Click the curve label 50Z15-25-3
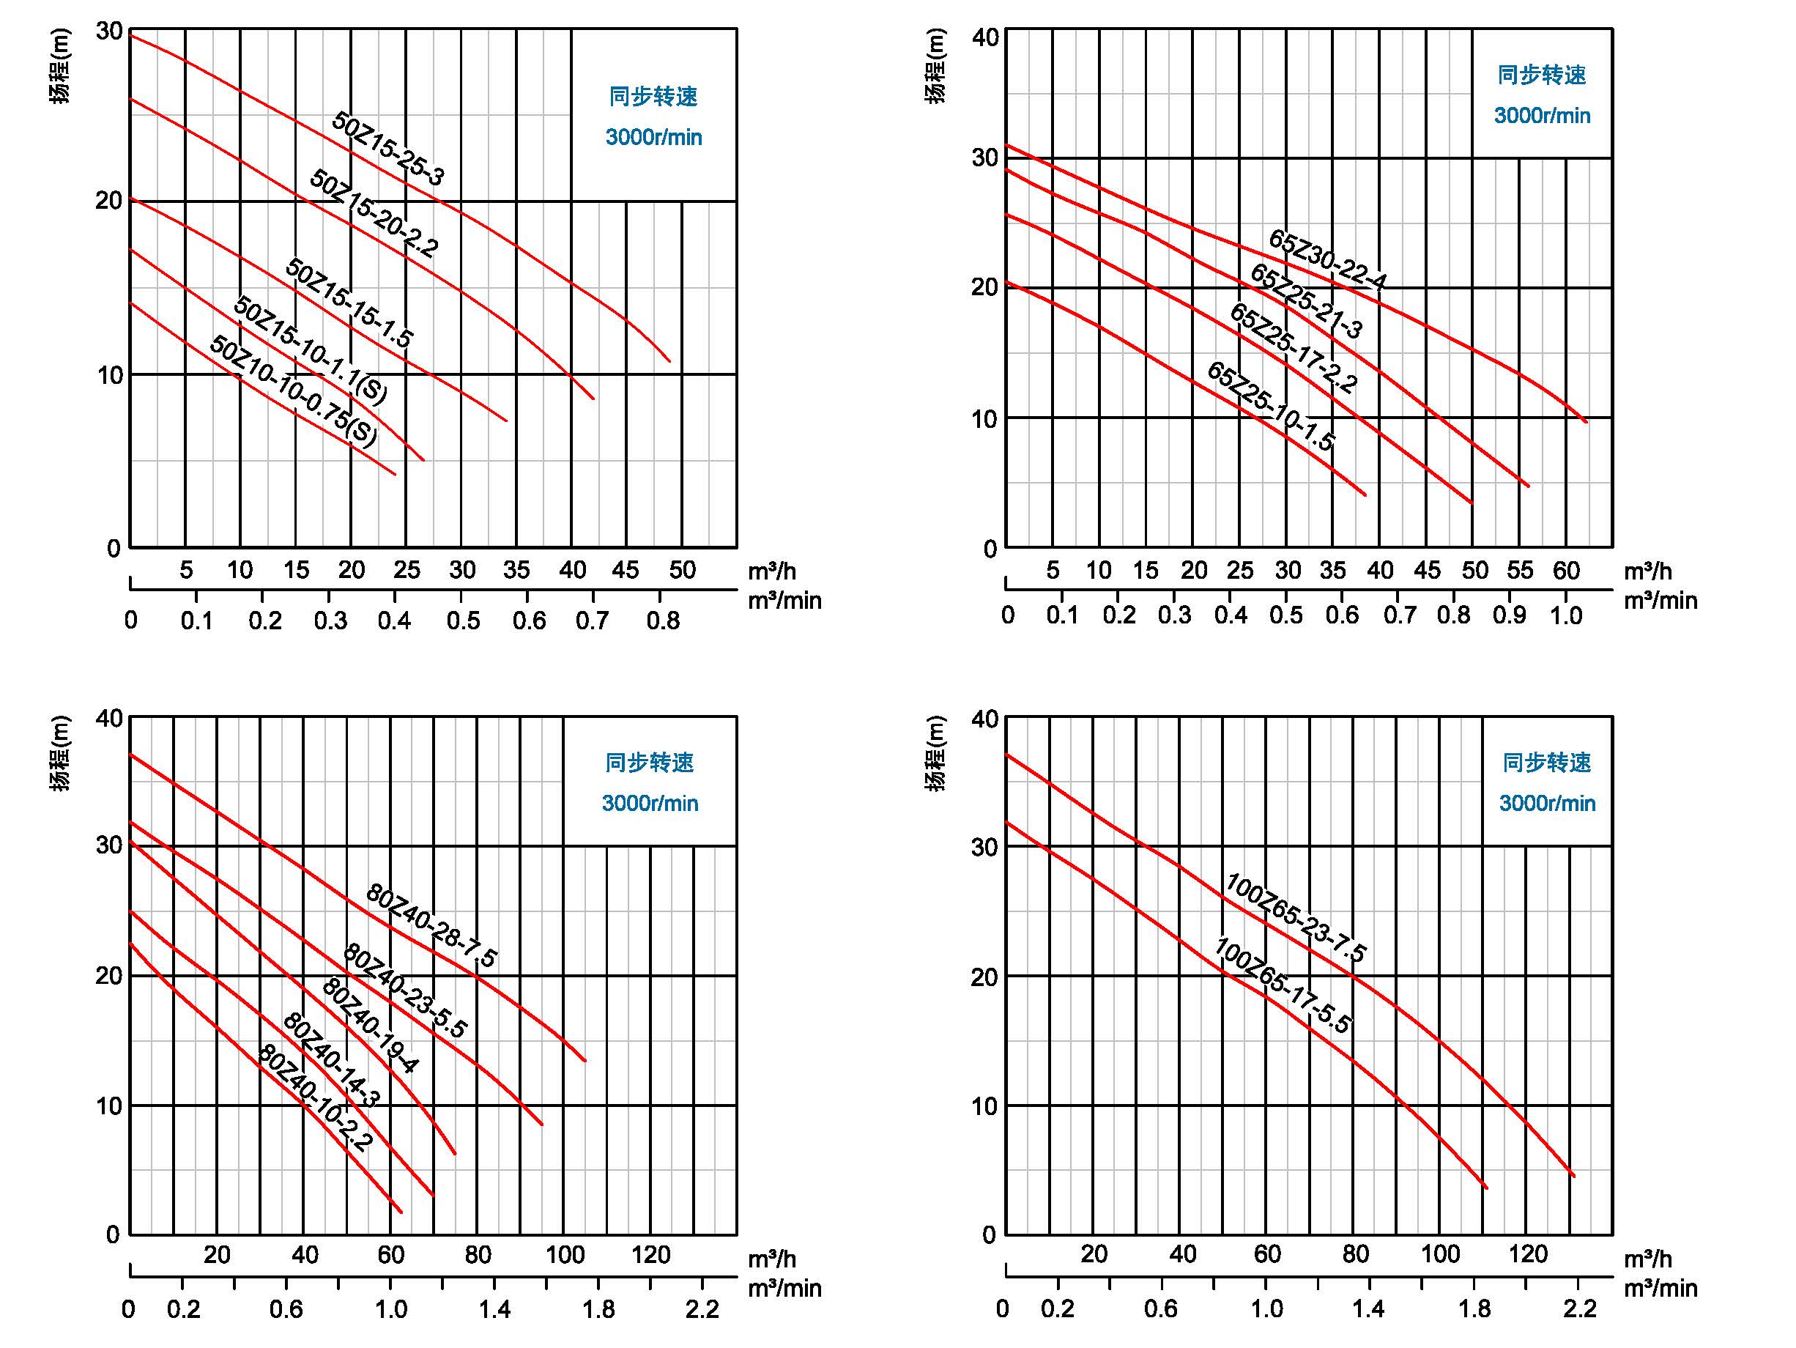coord(388,149)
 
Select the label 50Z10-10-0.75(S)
coord(294,390)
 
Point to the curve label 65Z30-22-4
coord(1327,260)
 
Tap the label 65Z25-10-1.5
coord(1271,406)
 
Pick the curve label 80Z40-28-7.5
coord(431,925)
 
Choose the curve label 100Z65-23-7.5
coord(1296,918)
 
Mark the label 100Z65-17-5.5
coord(1283,986)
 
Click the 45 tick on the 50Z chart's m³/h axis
coord(626,570)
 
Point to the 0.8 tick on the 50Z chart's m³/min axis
coord(664,621)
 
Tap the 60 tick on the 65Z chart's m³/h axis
coord(1566,571)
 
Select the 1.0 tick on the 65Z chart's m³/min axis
coord(1566,615)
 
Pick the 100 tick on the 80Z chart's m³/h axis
coord(564,1256)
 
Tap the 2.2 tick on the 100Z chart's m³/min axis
coord(1579,1308)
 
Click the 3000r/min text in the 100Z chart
coord(1547,803)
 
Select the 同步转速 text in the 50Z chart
coord(653,97)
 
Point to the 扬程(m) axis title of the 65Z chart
coord(935,67)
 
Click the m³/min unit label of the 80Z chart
coord(784,1288)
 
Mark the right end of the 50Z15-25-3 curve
coord(670,361)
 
